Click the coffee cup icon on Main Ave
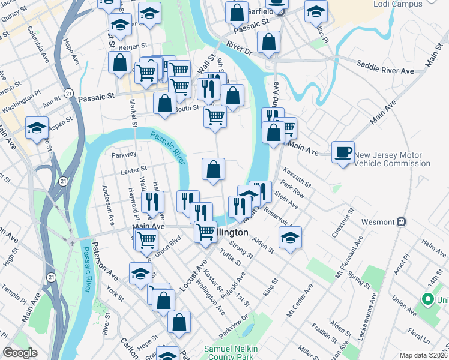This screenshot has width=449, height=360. pos(342,152)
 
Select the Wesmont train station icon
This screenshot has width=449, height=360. pos(400,221)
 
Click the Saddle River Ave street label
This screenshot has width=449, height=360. pos(385,67)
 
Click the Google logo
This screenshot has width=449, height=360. pos(20,353)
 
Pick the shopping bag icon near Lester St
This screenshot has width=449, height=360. pos(213,169)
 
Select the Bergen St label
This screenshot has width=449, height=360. pos(133,46)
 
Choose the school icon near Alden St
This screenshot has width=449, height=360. pos(291,238)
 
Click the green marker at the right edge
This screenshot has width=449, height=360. pos(427,299)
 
